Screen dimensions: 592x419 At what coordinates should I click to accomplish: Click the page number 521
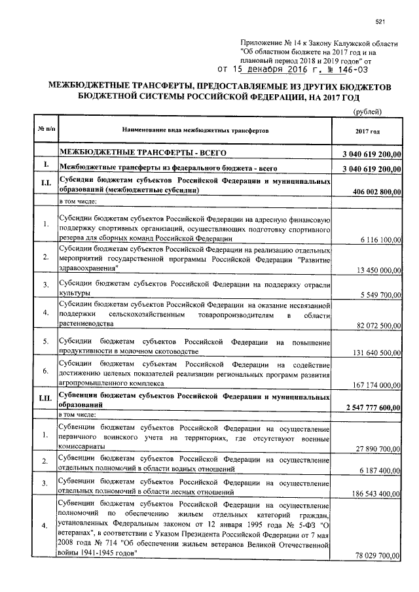pyautogui.click(x=379, y=23)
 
